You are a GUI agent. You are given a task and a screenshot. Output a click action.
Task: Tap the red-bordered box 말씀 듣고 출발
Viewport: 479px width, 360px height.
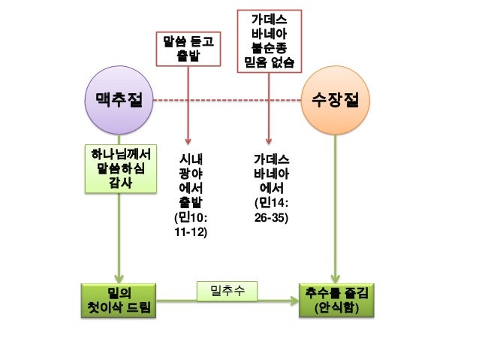point(188,49)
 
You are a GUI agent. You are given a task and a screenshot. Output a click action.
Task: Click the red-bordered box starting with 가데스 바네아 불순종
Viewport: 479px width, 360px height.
point(269,40)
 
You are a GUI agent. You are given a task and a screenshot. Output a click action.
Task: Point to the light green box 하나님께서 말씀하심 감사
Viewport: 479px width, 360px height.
point(119,168)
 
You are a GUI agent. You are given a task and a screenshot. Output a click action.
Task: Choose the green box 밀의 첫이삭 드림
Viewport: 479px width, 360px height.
point(119,301)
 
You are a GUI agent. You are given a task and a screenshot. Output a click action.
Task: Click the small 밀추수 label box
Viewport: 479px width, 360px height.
point(226,290)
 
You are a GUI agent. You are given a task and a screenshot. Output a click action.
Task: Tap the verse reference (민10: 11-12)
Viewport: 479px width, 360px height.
point(189,225)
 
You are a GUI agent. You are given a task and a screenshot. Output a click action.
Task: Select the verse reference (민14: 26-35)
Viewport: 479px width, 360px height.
point(270,210)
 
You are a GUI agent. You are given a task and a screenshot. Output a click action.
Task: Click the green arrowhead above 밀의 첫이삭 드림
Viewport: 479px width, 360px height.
point(119,276)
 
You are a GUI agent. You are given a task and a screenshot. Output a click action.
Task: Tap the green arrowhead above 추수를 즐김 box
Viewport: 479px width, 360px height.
point(333,276)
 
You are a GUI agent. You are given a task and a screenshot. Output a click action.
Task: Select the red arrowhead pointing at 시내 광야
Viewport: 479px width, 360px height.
point(188,141)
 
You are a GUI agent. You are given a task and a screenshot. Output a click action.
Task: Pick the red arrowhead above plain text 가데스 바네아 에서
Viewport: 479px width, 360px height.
point(269,141)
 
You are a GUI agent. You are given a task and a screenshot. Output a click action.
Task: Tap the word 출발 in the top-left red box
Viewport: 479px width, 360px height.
point(188,56)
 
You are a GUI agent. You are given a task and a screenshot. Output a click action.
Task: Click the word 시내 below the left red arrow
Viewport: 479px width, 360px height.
point(189,159)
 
